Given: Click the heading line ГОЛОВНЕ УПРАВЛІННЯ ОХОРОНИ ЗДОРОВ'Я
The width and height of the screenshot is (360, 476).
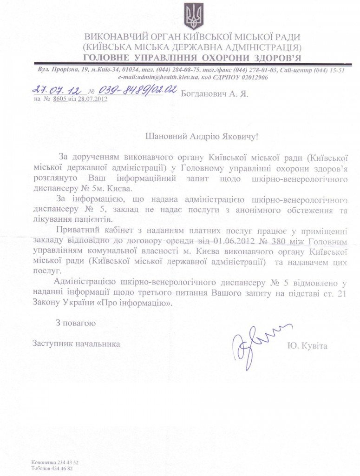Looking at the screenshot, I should coord(191,58).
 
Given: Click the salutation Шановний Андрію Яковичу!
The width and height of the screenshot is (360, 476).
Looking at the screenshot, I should coord(194,136).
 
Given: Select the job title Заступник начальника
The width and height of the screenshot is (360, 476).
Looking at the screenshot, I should coord(76,344).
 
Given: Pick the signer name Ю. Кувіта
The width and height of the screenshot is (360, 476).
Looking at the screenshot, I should coord(308,346).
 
